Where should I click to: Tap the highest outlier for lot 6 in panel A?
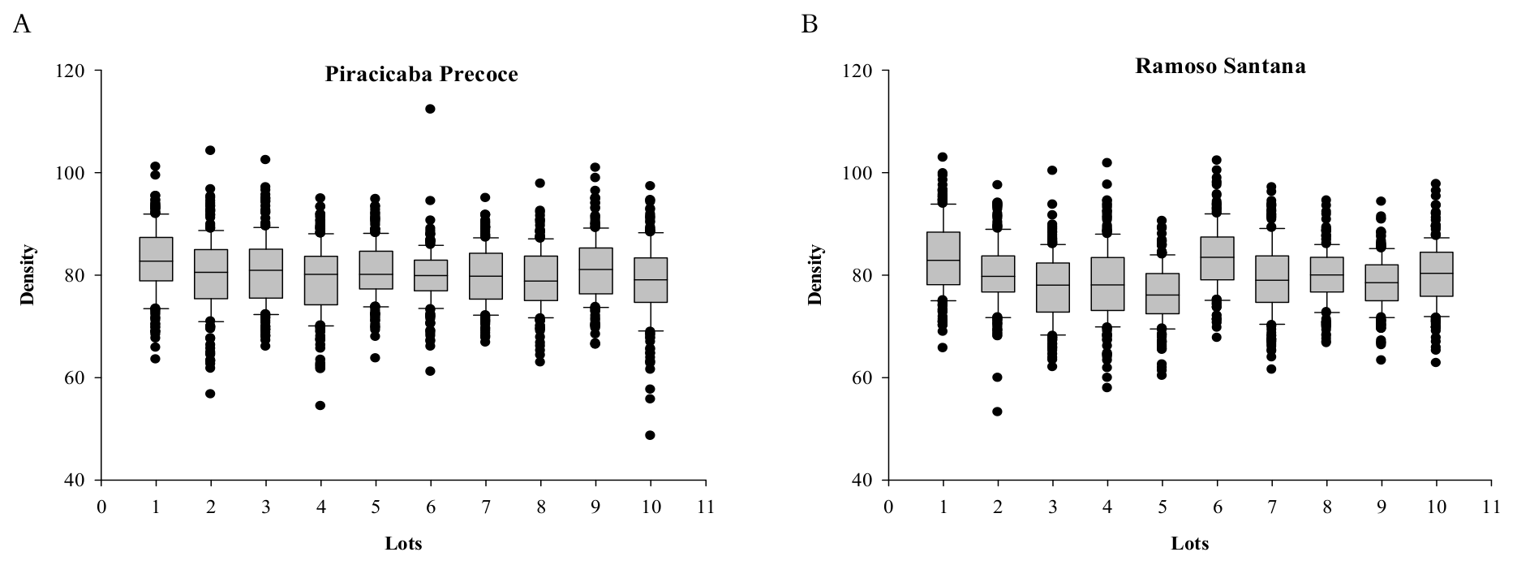(x=430, y=109)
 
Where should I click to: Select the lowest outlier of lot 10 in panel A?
(x=650, y=435)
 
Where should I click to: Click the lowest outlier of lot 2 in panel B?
(x=997, y=412)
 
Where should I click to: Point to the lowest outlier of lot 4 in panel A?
(x=320, y=405)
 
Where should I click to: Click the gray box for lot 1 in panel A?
(x=156, y=259)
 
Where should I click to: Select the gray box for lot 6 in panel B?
(x=1217, y=258)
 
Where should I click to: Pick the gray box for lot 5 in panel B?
(x=1162, y=293)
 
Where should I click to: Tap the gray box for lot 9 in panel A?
(x=595, y=270)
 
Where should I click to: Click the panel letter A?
(x=22, y=26)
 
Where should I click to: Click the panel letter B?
(x=809, y=26)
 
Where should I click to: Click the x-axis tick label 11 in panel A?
(x=705, y=507)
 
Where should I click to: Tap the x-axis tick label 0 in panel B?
(x=888, y=507)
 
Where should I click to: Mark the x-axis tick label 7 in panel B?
(x=1271, y=507)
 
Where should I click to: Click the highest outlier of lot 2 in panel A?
(x=210, y=150)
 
